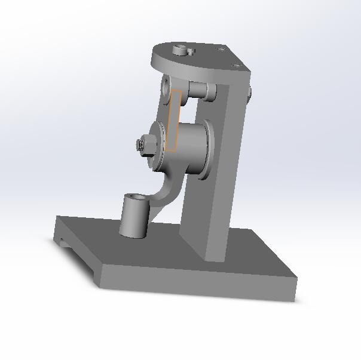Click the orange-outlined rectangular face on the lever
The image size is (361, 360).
click(x=173, y=121)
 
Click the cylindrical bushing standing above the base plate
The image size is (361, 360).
click(x=133, y=217)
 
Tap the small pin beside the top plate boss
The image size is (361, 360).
click(x=191, y=52)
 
